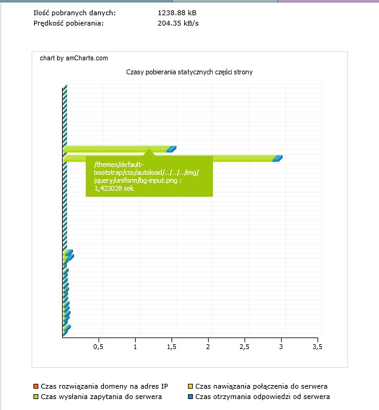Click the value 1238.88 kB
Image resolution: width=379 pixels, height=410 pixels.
pos(177,12)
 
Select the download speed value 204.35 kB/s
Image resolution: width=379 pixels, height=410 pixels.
pos(178,23)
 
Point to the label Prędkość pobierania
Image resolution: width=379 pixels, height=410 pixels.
pos(68,23)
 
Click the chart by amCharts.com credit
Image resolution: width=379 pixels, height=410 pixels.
pos(74,58)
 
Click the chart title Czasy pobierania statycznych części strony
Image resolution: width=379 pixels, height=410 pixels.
pos(189,72)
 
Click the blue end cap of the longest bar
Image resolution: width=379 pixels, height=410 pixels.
pos(278,158)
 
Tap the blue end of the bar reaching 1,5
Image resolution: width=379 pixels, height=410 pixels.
pos(172,149)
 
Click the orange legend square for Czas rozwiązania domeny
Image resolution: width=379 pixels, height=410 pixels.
pos(36,386)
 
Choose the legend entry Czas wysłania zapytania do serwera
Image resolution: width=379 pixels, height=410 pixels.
pos(101,397)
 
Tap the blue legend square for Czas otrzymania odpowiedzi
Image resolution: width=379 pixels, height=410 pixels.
pos(190,397)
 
